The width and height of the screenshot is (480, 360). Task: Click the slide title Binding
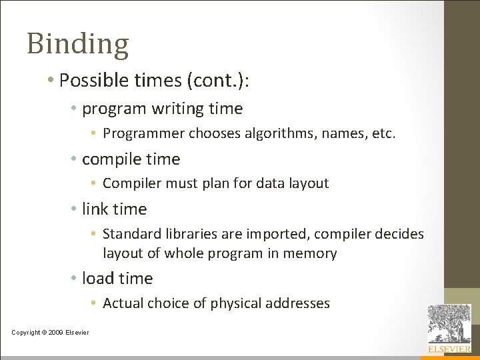(77, 44)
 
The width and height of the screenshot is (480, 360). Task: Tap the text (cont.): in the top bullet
(221, 80)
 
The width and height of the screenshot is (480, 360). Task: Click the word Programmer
(143, 133)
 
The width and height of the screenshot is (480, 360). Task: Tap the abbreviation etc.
(383, 133)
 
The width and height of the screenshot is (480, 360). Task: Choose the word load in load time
(97, 278)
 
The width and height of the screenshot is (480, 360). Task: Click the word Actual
(123, 303)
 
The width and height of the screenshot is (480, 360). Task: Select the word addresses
(297, 303)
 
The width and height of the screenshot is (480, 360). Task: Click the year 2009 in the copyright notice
(55, 332)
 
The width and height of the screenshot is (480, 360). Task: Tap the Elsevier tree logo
(449, 323)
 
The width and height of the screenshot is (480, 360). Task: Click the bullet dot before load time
(75, 279)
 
